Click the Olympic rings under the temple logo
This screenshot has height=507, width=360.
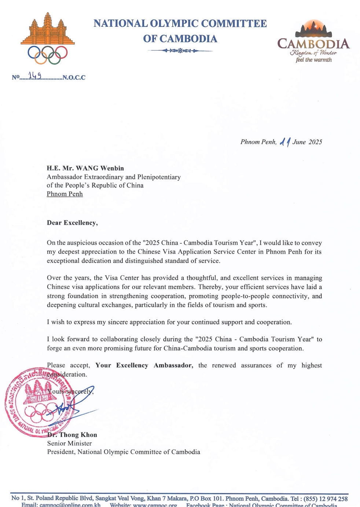[x=48, y=54]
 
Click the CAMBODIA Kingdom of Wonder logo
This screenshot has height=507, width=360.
[x=313, y=42]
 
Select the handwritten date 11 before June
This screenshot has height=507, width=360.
[x=285, y=142]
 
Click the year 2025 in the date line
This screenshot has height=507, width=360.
[x=315, y=142]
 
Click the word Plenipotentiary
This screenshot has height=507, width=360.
[x=159, y=177]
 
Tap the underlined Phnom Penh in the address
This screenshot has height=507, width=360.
[x=65, y=194]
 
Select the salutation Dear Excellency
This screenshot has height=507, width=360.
[x=72, y=223]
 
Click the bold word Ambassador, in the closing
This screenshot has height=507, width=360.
[x=173, y=365]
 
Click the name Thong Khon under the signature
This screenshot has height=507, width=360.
[x=78, y=435]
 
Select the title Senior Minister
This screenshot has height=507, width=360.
[x=69, y=443]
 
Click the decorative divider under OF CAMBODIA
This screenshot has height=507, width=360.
[x=180, y=50]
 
